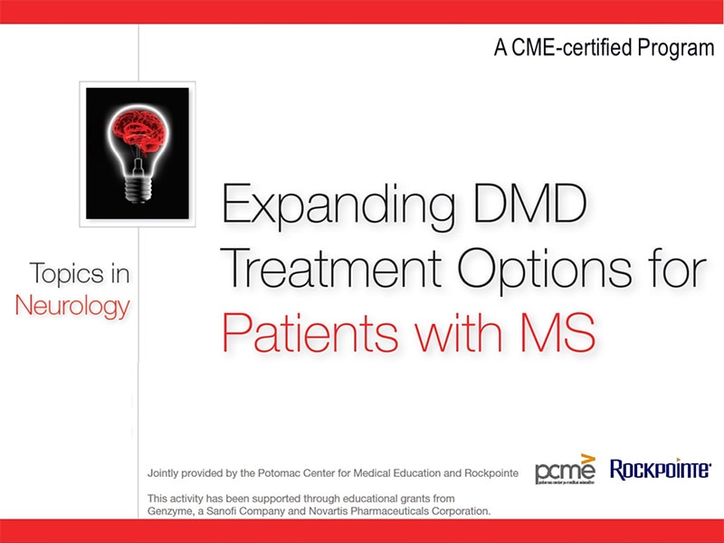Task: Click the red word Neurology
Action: (72, 305)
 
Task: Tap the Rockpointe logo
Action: (661, 469)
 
